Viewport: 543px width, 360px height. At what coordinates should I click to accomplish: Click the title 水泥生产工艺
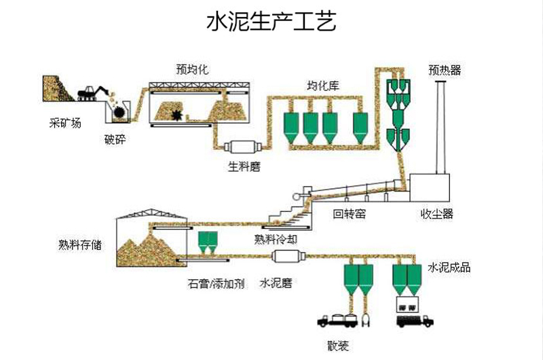[x=271, y=22]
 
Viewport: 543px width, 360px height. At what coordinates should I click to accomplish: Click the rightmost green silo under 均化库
[x=361, y=127]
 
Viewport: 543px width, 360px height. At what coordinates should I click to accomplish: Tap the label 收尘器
[x=436, y=214]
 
